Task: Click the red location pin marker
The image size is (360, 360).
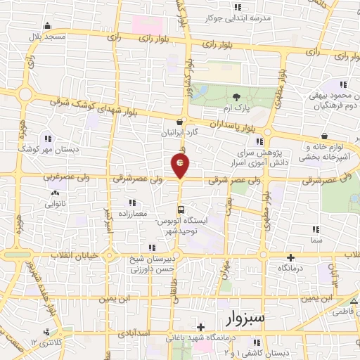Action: pos(181,165)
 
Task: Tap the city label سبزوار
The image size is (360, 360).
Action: pos(246,319)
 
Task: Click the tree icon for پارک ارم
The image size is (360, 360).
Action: pos(236,98)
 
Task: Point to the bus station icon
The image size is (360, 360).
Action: pos(181,210)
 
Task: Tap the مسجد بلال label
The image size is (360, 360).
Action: pos(48,35)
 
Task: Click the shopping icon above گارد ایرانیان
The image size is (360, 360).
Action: pos(181,121)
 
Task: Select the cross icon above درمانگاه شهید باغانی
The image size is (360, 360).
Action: pos(201,327)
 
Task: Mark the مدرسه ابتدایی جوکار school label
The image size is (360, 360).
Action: pos(242,19)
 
